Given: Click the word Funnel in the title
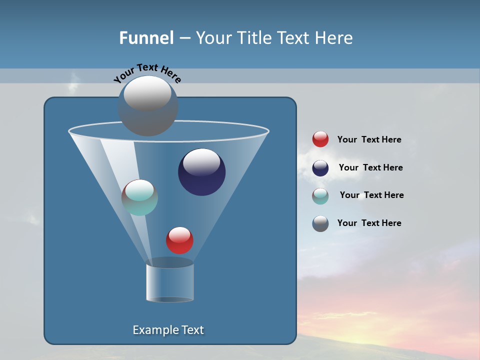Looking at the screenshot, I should click(x=146, y=38).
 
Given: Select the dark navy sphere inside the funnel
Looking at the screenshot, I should click(x=202, y=172).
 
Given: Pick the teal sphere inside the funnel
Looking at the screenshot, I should click(x=140, y=198).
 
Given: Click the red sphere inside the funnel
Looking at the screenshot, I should click(x=179, y=240).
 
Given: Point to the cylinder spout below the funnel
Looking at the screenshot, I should click(x=170, y=282).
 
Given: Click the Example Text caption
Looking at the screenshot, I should click(x=168, y=330).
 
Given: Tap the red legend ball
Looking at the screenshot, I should click(x=320, y=139).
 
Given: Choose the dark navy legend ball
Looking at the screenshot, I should click(x=320, y=168).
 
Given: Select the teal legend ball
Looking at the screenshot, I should click(x=320, y=196).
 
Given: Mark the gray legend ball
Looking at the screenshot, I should click(x=320, y=223).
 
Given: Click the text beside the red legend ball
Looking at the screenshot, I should click(x=369, y=139).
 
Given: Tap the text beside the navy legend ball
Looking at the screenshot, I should click(x=370, y=167).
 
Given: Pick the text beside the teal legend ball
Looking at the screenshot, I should click(x=371, y=195).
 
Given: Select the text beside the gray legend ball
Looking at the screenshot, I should click(x=369, y=223).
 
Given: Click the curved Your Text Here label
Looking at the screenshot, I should click(x=147, y=72).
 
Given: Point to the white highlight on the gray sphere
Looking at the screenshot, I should click(x=147, y=93).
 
